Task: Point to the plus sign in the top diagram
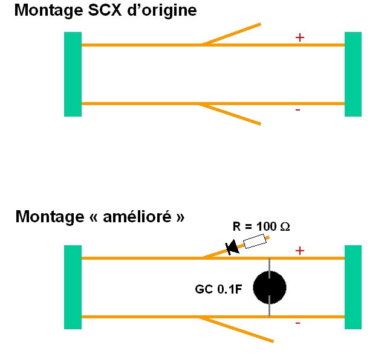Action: (299, 37)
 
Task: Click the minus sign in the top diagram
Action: (298, 111)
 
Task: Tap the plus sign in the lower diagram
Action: (299, 251)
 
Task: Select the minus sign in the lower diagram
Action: (298, 324)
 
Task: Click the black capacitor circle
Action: (269, 288)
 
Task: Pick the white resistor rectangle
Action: (255, 242)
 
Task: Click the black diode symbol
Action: (232, 247)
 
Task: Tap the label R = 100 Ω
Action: (261, 227)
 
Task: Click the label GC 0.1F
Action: (218, 289)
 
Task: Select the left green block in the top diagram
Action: (73, 74)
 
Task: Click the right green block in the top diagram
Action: (353, 74)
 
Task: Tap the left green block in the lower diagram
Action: (73, 287)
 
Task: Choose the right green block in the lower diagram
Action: (353, 287)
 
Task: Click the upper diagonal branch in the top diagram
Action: (233, 34)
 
